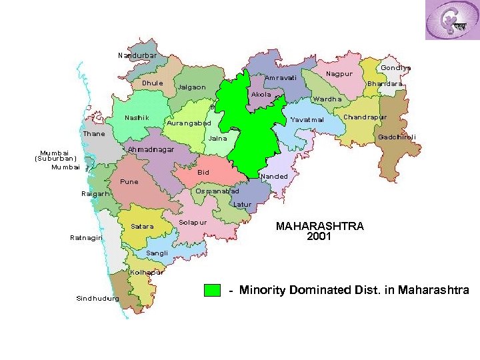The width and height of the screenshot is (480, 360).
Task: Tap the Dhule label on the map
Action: [152, 83]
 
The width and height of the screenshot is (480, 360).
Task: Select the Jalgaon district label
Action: [191, 87]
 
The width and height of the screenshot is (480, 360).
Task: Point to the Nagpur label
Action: [339, 73]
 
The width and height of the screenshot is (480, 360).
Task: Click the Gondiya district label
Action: [395, 67]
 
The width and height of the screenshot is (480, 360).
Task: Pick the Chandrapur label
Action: [365, 117]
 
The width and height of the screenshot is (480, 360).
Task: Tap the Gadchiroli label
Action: [397, 137]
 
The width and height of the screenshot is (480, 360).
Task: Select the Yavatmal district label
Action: [307, 120]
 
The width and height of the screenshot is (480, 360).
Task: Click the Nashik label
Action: [137, 118]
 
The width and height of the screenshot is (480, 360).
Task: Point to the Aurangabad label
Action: [188, 123]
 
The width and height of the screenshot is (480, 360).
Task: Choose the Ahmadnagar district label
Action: [151, 149]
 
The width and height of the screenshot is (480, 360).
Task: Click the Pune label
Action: [129, 181]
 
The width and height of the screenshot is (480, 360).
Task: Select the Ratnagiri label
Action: [87, 237]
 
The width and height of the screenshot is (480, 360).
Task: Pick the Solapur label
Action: [193, 221]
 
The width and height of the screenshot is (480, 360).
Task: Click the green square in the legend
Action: [212, 290]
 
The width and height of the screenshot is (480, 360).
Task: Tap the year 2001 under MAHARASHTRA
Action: [319, 236]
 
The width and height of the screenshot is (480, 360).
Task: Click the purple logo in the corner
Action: [451, 20]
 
